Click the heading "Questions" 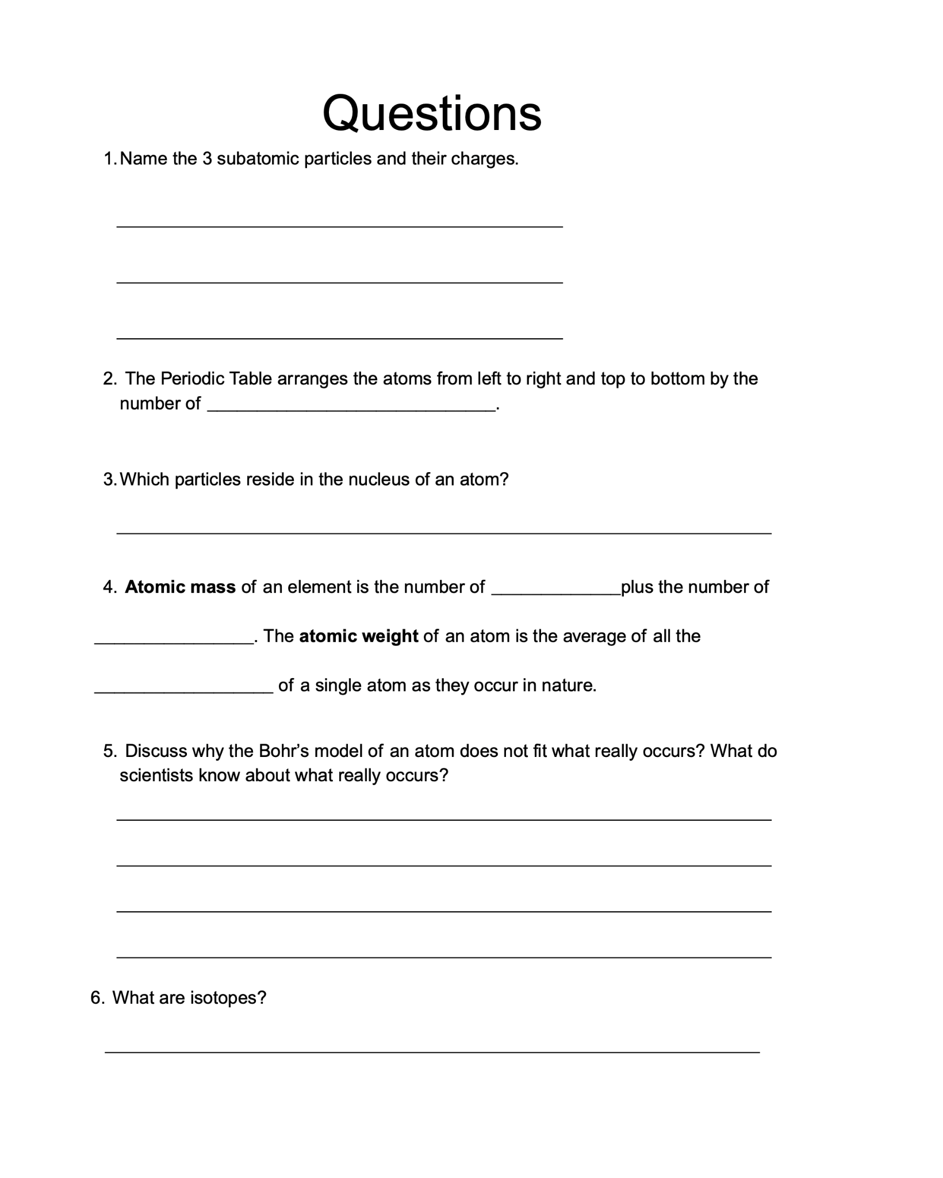tap(431, 113)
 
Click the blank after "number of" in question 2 tap(351, 406)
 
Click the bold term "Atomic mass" tap(180, 587)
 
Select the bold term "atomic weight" tap(358, 636)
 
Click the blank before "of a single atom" tap(183, 689)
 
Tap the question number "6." tap(98, 997)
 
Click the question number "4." tap(110, 587)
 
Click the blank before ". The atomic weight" tap(174, 640)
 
